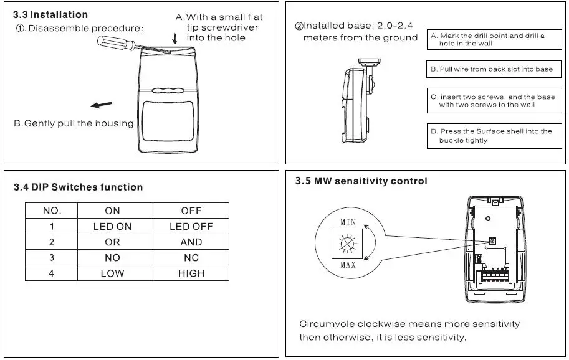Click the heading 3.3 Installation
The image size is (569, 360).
(50, 14)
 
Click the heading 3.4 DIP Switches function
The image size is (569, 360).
(78, 187)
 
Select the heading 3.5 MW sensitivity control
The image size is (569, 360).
(361, 181)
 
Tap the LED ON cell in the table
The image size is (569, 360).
(112, 226)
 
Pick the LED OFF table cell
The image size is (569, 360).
(191, 226)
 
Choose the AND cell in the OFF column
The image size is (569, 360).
(191, 242)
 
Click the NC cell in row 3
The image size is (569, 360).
(191, 257)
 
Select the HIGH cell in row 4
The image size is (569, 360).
(191, 273)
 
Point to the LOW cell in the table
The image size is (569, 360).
(112, 273)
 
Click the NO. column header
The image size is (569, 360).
(52, 211)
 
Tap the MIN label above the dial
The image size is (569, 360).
(348, 222)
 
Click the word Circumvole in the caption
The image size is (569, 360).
(326, 324)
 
